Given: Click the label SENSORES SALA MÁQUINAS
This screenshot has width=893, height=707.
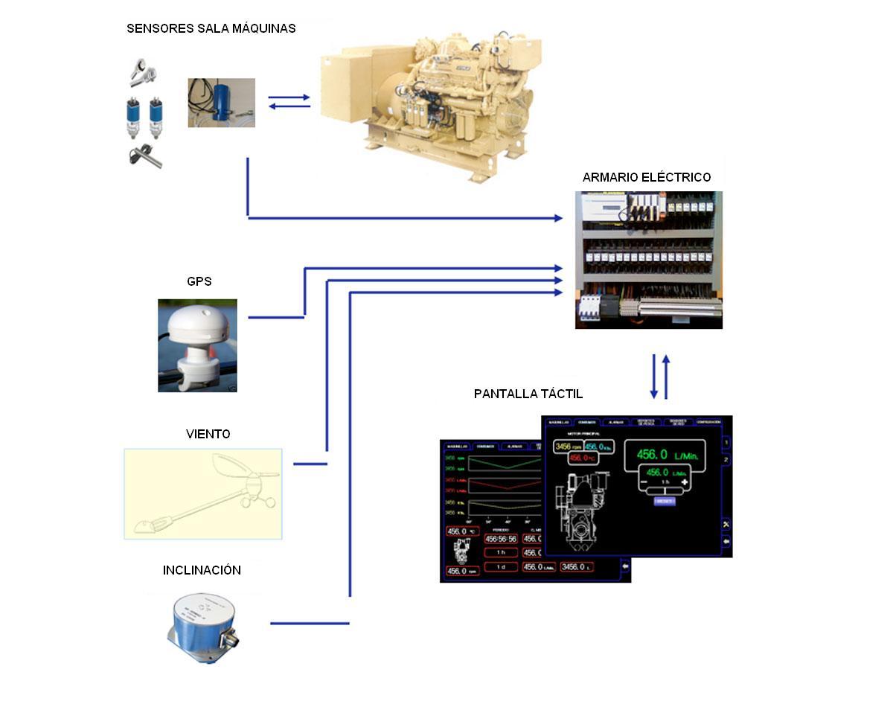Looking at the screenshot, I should pyautogui.click(x=211, y=29).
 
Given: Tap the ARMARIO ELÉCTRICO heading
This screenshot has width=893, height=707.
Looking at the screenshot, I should pyautogui.click(x=647, y=177).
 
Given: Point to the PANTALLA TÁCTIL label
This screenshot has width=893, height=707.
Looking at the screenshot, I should pyautogui.click(x=528, y=394).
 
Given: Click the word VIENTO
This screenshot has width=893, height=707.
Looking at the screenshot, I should pyautogui.click(x=208, y=434).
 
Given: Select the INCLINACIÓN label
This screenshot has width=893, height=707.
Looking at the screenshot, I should pyautogui.click(x=202, y=570).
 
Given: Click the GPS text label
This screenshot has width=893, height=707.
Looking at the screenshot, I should pyautogui.click(x=199, y=281).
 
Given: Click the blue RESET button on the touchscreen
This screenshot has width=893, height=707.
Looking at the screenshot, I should pyautogui.click(x=664, y=502).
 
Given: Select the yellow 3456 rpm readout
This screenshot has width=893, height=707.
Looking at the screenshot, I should pyautogui.click(x=567, y=447).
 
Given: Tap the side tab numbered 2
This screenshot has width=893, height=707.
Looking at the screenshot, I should pyautogui.click(x=726, y=461).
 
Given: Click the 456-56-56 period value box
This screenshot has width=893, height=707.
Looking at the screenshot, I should pyautogui.click(x=500, y=539).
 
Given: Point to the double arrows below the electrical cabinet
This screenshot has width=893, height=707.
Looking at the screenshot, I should pyautogui.click(x=660, y=377).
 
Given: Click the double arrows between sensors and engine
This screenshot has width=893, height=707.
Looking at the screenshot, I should pyautogui.click(x=289, y=102).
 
